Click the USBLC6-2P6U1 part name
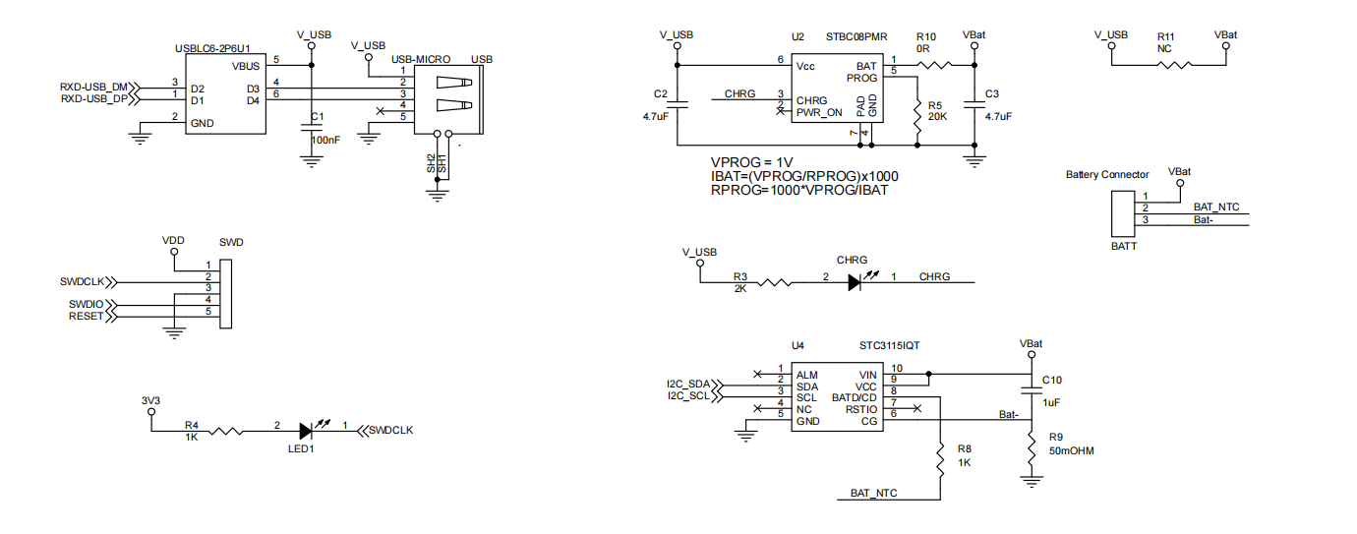pyautogui.click(x=212, y=48)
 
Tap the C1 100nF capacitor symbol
pyautogui.click(x=312, y=127)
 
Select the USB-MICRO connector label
pyautogui.click(x=421, y=59)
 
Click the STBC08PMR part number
pyautogui.click(x=856, y=37)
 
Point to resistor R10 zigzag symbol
pyautogui.click(x=935, y=65)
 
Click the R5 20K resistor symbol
pyautogui.click(x=917, y=119)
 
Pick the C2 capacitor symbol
pyautogui.click(x=678, y=104)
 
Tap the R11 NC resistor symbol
pyautogui.click(x=1175, y=65)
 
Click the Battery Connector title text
pyautogui.click(x=1107, y=175)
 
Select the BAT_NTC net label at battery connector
pyautogui.click(x=1215, y=207)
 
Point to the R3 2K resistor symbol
pyautogui.click(x=774, y=282)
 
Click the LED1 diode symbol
pyautogui.click(x=307, y=431)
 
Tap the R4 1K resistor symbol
pyautogui.click(x=226, y=432)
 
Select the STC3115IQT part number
pyautogui.click(x=889, y=345)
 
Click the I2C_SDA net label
pyautogui.click(x=687, y=385)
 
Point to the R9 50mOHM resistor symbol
pyautogui.click(x=1032, y=449)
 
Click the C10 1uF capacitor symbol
pyautogui.click(x=1032, y=390)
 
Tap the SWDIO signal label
pyautogui.click(x=86, y=304)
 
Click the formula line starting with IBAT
pyautogui.click(x=804, y=176)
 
